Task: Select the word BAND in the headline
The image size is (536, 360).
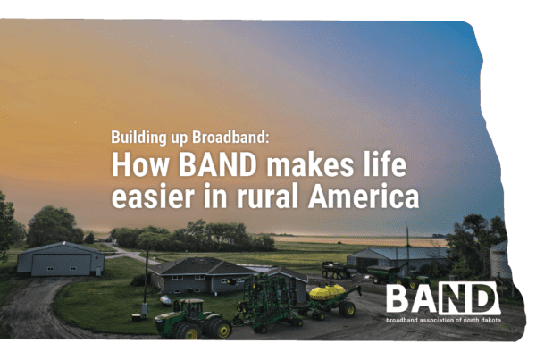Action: (x=218, y=164)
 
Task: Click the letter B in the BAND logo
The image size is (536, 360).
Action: (x=398, y=298)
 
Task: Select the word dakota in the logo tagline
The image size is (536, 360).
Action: (x=490, y=321)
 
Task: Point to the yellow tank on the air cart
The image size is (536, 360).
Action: (x=327, y=292)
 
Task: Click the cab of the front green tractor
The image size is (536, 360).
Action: (x=191, y=307)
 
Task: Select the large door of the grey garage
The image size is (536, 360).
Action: (x=61, y=265)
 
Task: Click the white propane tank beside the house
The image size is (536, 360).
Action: (x=166, y=300)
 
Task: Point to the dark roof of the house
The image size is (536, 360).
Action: (x=202, y=266)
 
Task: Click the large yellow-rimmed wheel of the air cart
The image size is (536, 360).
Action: (x=347, y=309)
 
